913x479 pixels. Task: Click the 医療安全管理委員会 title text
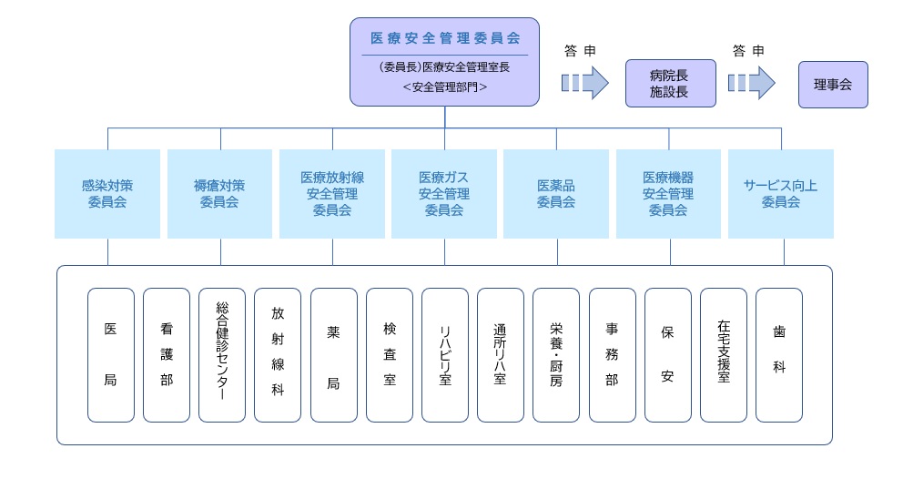click(x=444, y=38)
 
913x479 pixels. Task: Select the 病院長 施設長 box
click(x=670, y=84)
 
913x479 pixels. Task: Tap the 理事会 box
click(x=832, y=84)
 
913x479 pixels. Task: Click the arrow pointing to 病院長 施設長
click(x=584, y=83)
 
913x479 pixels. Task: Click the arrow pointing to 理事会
click(x=751, y=83)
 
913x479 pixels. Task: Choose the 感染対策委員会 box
click(x=107, y=194)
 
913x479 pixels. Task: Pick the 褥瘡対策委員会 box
click(x=219, y=194)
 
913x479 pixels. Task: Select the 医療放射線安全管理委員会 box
click(x=332, y=194)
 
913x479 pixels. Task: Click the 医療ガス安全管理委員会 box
click(x=444, y=194)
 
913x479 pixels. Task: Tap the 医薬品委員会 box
click(x=556, y=194)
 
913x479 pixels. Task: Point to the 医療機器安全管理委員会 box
click(x=668, y=194)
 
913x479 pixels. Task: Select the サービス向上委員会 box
click(x=780, y=194)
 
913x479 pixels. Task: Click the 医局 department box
click(x=111, y=355)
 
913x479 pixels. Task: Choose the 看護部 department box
click(x=167, y=355)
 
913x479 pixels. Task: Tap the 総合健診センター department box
click(x=222, y=355)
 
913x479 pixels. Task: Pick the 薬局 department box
click(x=333, y=355)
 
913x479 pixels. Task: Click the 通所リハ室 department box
click(x=500, y=355)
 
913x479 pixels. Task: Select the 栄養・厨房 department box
click(x=556, y=355)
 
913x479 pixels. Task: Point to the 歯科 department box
click(x=779, y=355)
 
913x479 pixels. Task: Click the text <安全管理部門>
click(x=444, y=88)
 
